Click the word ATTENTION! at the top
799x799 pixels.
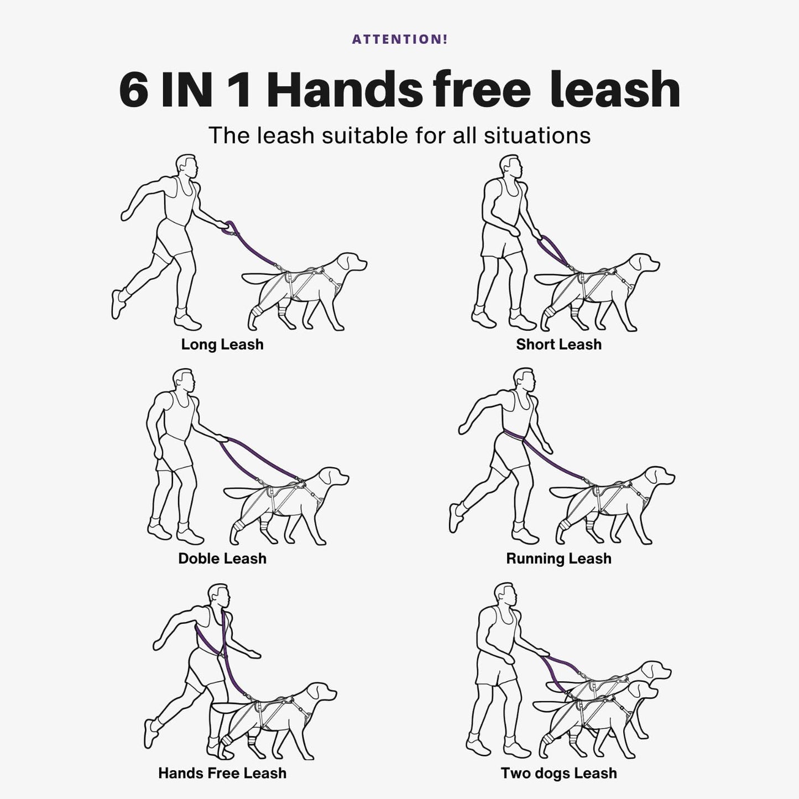[x=400, y=39]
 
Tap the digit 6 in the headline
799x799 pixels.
[x=133, y=89]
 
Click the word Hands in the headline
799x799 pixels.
[x=344, y=88]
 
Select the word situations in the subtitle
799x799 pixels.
[x=537, y=135]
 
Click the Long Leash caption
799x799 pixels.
[x=222, y=344]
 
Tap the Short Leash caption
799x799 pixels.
[x=558, y=344]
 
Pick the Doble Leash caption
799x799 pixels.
[x=222, y=558]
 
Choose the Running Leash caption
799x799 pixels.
[x=558, y=559]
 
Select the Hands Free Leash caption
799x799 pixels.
[x=222, y=774]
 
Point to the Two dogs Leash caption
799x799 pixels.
[x=558, y=774]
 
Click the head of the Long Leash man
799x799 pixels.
[x=187, y=166]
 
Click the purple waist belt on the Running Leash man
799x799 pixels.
[x=514, y=437]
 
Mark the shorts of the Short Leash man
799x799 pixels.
[x=501, y=241]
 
